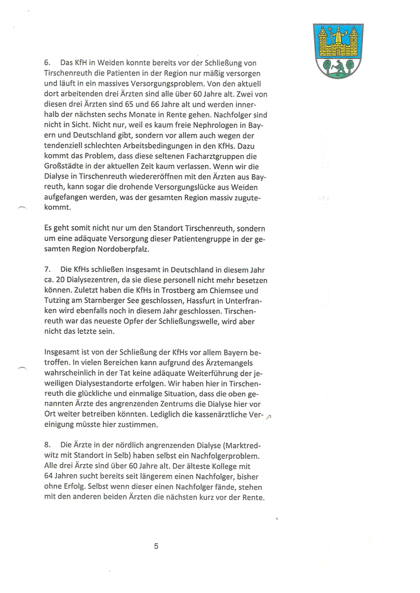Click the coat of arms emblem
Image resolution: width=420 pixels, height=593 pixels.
point(338,50)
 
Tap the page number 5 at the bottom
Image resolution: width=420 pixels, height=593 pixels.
point(156,546)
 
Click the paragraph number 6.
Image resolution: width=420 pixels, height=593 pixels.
point(47,63)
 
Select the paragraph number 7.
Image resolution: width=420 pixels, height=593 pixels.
point(47,269)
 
